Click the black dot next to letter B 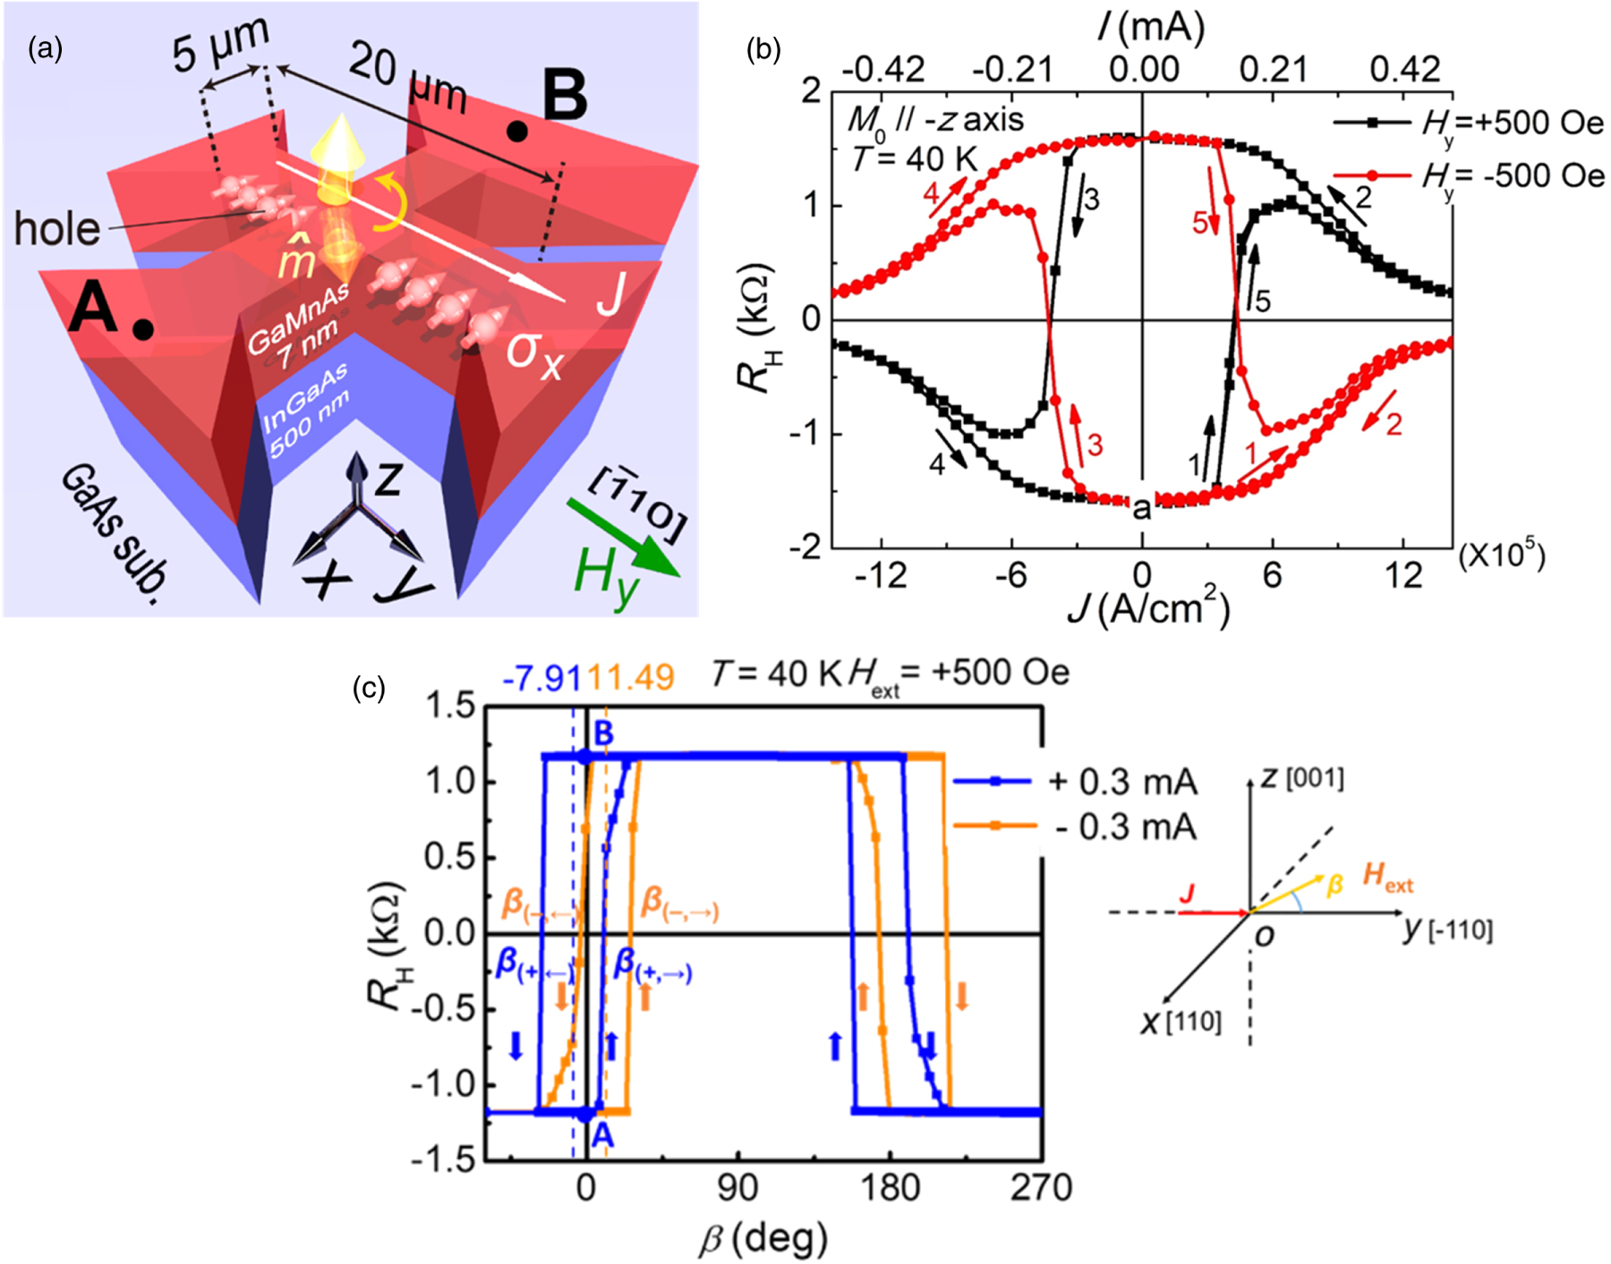coord(516,132)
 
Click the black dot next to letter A coord(142,330)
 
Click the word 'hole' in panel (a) coord(57,230)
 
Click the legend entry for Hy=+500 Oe coord(1468,123)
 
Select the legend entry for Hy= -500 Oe coord(1468,175)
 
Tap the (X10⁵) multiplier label coord(1501,556)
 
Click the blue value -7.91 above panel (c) coord(541,678)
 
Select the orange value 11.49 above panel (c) coord(630,678)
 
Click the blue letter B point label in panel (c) coord(603,734)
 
